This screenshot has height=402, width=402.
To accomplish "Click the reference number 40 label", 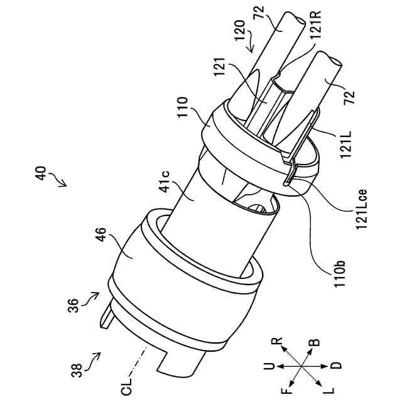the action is (40, 173).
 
